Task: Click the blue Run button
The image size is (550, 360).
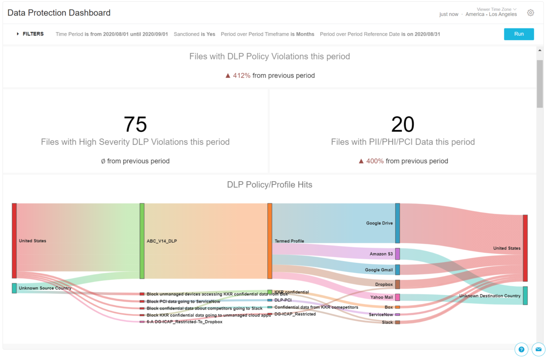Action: (519, 34)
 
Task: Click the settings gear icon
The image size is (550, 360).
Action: (530, 13)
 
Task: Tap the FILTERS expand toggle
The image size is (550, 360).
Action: (18, 34)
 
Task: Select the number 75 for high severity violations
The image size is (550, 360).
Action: (135, 124)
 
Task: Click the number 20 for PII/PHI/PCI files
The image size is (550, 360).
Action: (402, 124)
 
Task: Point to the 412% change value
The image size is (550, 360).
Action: (242, 76)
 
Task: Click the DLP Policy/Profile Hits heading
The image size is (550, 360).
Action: (269, 185)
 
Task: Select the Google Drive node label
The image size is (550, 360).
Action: (379, 224)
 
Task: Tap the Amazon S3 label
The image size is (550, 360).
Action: (381, 254)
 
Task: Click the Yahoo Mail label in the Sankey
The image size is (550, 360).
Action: (381, 297)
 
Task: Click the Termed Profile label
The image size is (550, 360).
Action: (289, 241)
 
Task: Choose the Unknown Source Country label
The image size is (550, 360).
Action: (45, 288)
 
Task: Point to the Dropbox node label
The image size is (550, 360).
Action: (384, 284)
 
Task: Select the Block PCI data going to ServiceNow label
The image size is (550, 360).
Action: (183, 301)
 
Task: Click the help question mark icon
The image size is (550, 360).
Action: (521, 349)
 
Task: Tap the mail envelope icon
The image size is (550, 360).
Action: (538, 349)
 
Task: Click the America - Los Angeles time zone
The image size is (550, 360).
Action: (491, 14)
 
